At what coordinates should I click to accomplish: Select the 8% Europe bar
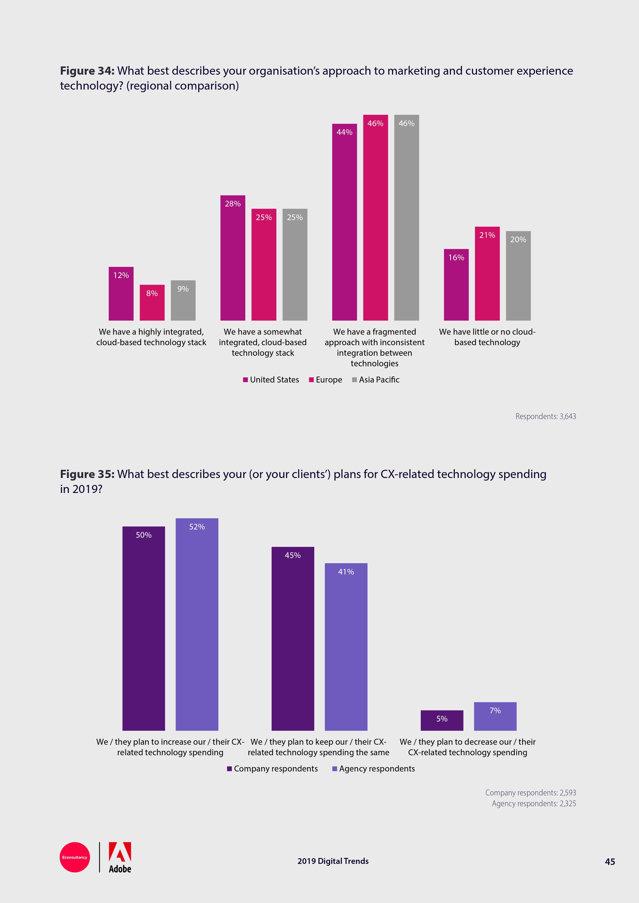pos(152,302)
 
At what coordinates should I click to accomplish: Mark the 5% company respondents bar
pos(442,720)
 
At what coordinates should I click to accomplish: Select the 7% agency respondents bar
pos(495,717)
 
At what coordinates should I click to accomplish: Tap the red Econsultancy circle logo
pos(75,857)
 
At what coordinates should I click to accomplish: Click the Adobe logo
pos(120,857)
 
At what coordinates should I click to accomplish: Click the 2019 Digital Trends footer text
pos(333,861)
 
